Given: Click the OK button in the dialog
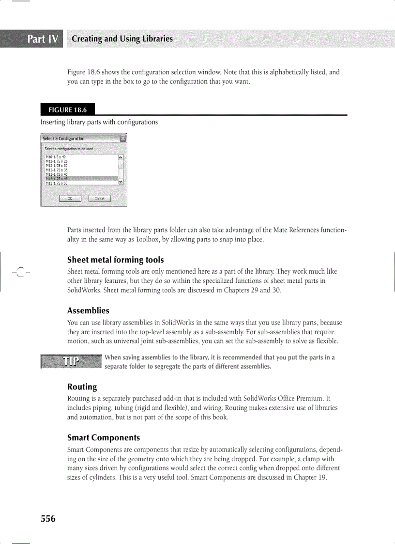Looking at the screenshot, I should pos(70,199).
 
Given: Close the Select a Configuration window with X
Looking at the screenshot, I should pos(123,139).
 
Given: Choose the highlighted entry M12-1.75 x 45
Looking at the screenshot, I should pos(56,179).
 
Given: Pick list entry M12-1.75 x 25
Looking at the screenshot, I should pos(56,161).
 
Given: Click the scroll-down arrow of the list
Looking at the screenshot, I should pos(121,182).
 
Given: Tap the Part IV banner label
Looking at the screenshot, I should pos(43,39).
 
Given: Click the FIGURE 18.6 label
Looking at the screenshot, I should pos(68,109).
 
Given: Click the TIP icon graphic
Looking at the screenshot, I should pos(72,361).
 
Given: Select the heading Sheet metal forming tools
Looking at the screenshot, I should pos(115,260).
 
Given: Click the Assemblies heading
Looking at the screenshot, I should pos(88,311).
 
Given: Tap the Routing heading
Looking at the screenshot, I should pos(82,387).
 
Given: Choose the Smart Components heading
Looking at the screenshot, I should pos(104,437).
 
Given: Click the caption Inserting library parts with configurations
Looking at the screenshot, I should pos(99,122).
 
